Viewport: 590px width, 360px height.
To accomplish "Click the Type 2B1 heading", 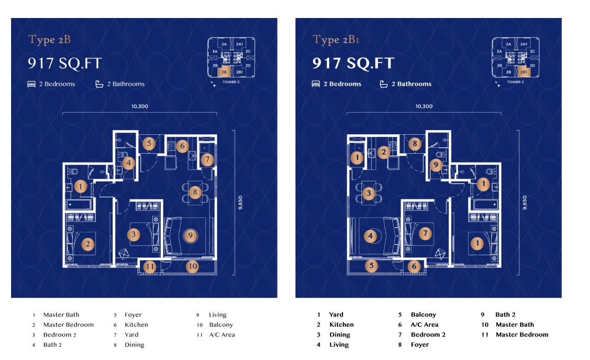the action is coord(336,40).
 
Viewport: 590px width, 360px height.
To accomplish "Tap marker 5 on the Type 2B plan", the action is coord(149,144).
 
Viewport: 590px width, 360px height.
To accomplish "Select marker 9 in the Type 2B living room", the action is coord(190,235).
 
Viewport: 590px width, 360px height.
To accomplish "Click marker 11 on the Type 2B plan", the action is coord(150,266).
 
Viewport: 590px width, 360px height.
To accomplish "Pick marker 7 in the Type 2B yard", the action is coord(207,159).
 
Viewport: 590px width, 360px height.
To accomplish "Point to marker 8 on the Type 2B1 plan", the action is coord(415,144).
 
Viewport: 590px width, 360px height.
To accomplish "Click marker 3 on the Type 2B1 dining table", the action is coord(369,193).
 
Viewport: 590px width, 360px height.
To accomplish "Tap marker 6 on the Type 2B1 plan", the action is coord(414,266).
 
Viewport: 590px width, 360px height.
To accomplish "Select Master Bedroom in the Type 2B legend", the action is coord(68,325).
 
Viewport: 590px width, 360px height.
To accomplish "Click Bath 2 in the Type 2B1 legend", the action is coord(505,314).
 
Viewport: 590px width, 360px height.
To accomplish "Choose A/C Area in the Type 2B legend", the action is coord(222,335).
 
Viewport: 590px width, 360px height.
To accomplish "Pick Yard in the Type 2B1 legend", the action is coord(336,314).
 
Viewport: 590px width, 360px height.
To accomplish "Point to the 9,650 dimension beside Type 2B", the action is coord(240,203).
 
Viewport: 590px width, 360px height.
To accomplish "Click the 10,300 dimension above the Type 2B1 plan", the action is coord(424,107).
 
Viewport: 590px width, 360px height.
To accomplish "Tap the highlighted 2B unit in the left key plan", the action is coord(223,72).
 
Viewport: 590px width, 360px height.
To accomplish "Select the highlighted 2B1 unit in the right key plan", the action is coord(524,72).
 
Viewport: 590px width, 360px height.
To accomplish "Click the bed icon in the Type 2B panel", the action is coord(31,84).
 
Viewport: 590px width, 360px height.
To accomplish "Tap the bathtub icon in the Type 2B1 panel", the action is coord(384,84).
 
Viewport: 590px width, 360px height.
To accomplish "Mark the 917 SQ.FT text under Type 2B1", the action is coord(353,64).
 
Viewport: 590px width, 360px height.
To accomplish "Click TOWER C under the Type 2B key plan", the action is coord(231,82).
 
